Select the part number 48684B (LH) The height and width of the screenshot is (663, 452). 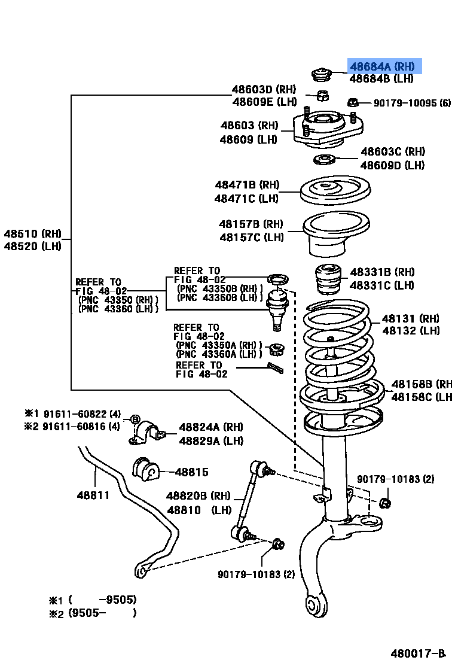coord(381,78)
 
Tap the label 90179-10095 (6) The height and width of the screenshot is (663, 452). coord(411,103)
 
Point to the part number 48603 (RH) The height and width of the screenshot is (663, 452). coord(249,126)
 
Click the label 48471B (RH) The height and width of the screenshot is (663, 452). coord(247,185)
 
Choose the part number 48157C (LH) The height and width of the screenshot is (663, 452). coord(251,238)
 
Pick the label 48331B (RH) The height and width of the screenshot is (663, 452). coord(382,272)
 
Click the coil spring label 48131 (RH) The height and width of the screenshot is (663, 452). coord(411,319)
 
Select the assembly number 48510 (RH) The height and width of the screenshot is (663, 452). coord(32,234)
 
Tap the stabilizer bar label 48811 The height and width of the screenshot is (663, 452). coord(93,495)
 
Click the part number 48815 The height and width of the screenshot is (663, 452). coord(191,472)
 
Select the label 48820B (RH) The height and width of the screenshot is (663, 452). coord(198,496)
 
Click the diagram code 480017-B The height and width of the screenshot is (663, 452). coord(419,652)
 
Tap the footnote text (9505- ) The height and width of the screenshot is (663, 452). coord(102,613)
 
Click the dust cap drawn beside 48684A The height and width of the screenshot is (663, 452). coord(322,75)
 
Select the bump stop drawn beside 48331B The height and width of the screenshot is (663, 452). coord(327,280)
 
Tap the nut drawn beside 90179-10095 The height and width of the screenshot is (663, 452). coord(353,102)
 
